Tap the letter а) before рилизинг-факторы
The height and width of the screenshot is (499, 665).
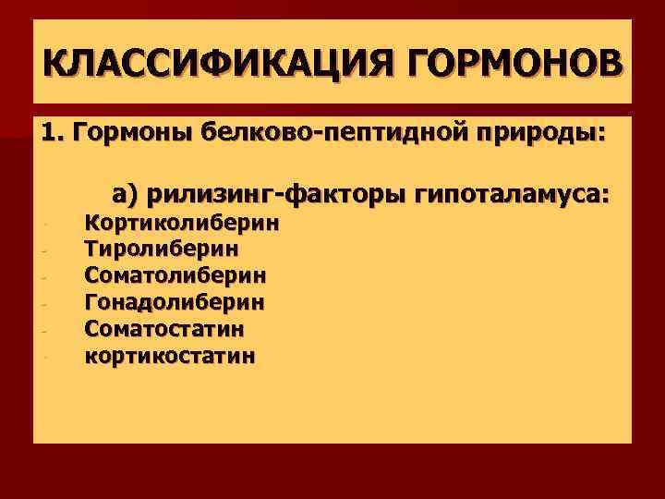click(x=125, y=194)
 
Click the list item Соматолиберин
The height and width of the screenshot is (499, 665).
click(x=176, y=275)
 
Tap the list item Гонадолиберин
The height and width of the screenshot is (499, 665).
click(x=175, y=302)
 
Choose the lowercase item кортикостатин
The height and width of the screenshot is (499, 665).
click(x=172, y=355)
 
